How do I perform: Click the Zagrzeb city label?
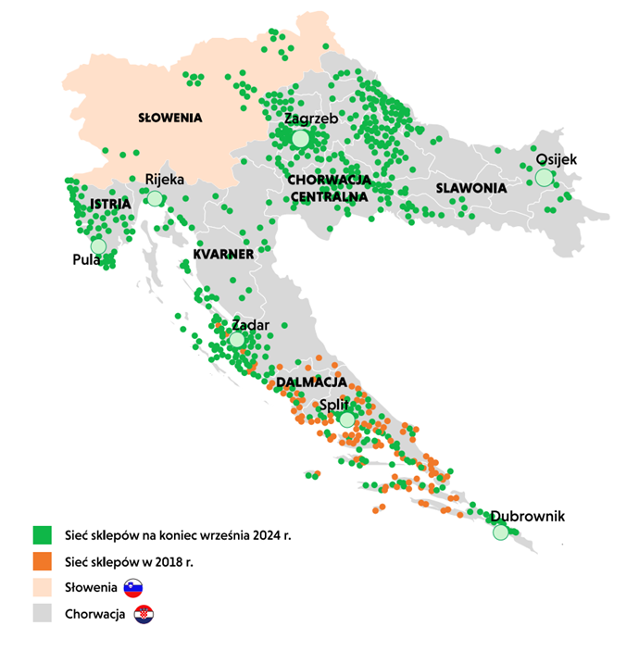click(x=310, y=119)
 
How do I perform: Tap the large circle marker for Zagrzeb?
click(x=300, y=139)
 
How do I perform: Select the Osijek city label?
click(x=556, y=159)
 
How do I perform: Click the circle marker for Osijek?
click(x=544, y=177)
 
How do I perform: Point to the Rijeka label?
click(x=165, y=180)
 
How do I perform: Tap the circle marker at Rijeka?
click(x=155, y=198)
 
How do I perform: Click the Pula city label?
click(x=86, y=260)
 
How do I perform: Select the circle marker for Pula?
click(x=98, y=245)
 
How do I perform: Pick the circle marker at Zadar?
click(x=237, y=340)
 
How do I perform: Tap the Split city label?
click(x=333, y=405)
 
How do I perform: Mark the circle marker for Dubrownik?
click(x=501, y=532)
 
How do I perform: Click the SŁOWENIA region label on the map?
click(x=169, y=119)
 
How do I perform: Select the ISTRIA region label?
click(x=110, y=204)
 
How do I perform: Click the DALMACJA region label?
click(x=311, y=382)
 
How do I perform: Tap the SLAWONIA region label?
click(x=470, y=188)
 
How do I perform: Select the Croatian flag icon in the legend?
click(x=144, y=614)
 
